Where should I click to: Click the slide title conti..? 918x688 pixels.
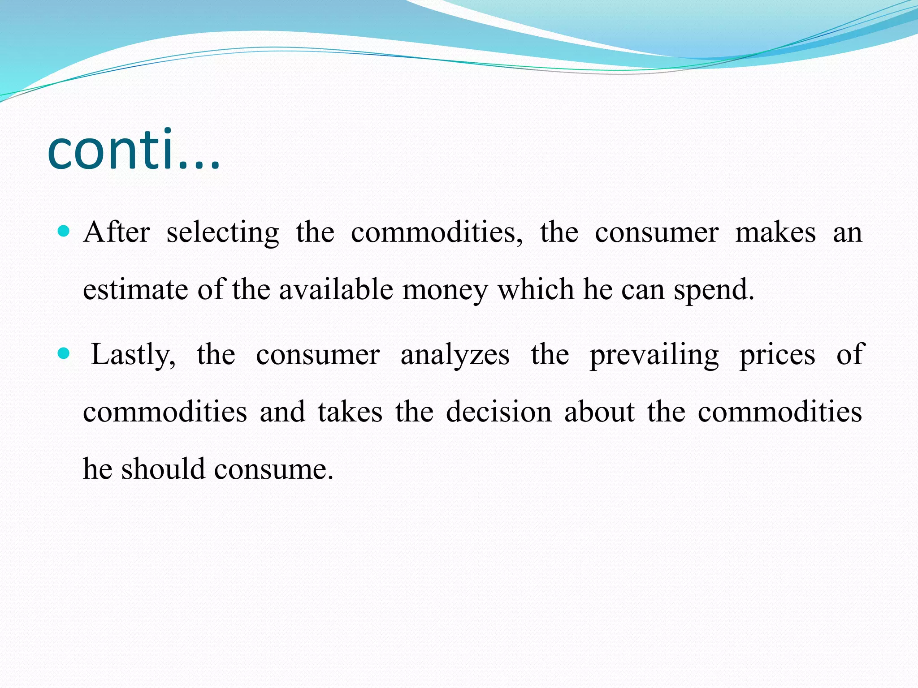coord(134,150)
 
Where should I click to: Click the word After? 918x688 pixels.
coord(117,232)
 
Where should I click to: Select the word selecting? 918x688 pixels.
coord(223,233)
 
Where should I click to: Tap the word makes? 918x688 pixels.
coord(775,232)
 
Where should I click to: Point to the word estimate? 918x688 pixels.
coord(135,289)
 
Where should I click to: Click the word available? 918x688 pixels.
coord(336,289)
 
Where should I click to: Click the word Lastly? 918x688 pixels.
coord(133,355)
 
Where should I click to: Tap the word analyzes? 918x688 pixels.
coord(455,355)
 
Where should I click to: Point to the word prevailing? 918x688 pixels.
coord(654,355)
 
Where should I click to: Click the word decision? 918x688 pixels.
coord(498,411)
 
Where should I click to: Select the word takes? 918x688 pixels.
coord(350,411)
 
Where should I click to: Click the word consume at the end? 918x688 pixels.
coord(273,469)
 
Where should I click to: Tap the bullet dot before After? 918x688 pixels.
coord(64,232)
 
